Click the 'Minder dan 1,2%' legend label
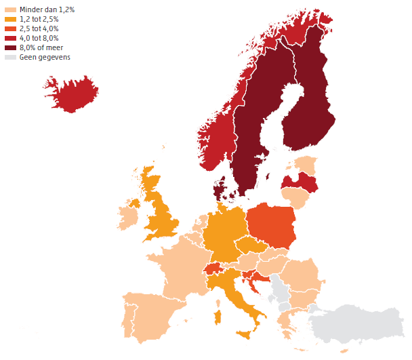pos(48,10)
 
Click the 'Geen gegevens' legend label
pos(45,58)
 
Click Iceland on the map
pos(71,95)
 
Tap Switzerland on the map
pos(214,268)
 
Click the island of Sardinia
pos(218,317)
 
